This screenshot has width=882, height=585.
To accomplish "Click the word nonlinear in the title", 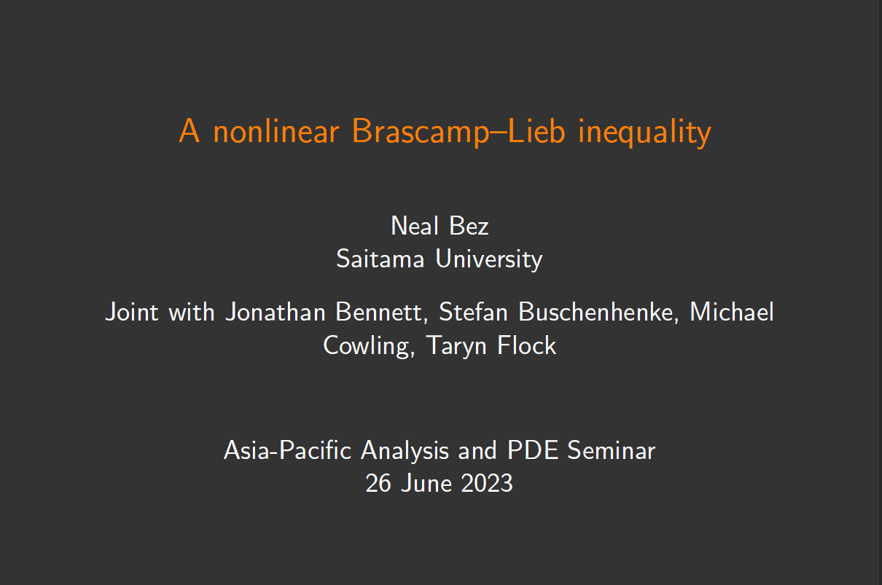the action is pyautogui.click(x=276, y=131).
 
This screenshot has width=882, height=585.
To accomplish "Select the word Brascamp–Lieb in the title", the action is pyautogui.click(x=458, y=132).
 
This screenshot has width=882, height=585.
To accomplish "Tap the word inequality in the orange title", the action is pyautogui.click(x=644, y=133).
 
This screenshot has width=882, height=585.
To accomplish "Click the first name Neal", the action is pyautogui.click(x=415, y=226).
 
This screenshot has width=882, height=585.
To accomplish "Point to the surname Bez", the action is pyautogui.click(x=469, y=227).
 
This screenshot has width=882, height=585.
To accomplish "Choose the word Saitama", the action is pyautogui.click(x=380, y=259).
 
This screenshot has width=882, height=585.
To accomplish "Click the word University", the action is pyautogui.click(x=489, y=259).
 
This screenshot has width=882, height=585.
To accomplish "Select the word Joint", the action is pyautogui.click(x=132, y=312).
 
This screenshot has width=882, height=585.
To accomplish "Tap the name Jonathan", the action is pyautogui.click(x=276, y=312).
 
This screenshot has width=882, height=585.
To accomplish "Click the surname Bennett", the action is pyautogui.click(x=382, y=312).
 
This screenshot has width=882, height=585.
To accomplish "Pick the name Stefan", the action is pyautogui.click(x=474, y=312).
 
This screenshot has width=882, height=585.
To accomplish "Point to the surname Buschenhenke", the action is pyautogui.click(x=599, y=312).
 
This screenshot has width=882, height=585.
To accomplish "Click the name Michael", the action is pyautogui.click(x=732, y=312).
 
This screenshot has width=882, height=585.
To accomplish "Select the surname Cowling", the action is pyautogui.click(x=369, y=346).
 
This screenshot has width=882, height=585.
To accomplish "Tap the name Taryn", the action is pyautogui.click(x=456, y=346).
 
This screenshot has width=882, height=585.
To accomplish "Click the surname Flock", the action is pyautogui.click(x=527, y=345).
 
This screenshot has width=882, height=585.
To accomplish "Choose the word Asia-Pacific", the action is pyautogui.click(x=287, y=450).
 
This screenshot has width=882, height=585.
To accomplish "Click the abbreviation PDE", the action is pyautogui.click(x=533, y=450).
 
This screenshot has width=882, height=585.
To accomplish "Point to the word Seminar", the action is pyautogui.click(x=612, y=450).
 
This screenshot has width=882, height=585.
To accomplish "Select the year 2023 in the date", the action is pyautogui.click(x=487, y=483).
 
